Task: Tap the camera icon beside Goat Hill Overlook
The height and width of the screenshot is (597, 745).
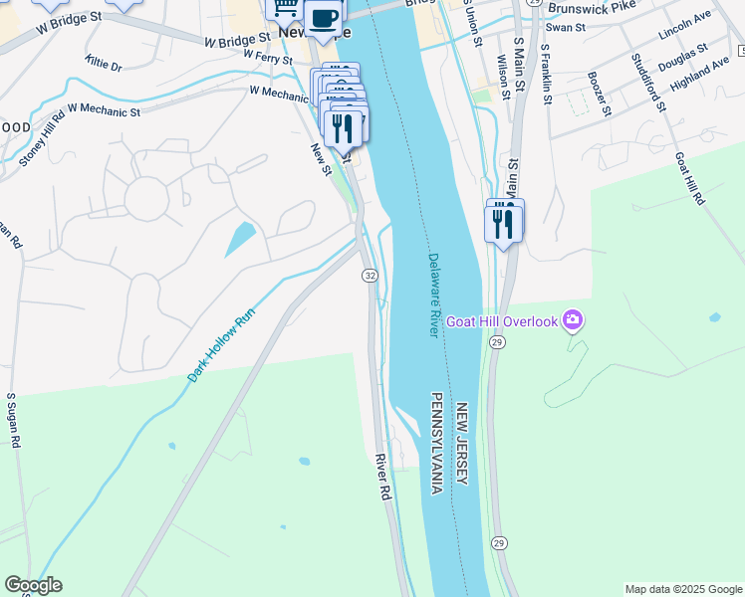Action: tap(573, 320)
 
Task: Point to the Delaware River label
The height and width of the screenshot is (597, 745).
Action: tap(434, 295)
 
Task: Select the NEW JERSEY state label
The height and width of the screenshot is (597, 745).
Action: tap(462, 445)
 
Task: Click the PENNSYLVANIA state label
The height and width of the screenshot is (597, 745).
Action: tap(437, 443)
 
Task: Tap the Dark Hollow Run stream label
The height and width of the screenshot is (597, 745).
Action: tap(222, 349)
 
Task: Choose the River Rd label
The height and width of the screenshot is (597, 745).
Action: tap(381, 477)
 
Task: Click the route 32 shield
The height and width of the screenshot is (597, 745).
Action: tap(370, 275)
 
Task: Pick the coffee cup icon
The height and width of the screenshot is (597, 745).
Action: tap(323, 18)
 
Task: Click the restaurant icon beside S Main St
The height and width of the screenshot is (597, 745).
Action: tap(503, 223)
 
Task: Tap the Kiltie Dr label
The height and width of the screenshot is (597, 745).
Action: tap(104, 65)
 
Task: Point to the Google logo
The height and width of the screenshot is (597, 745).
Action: tap(33, 585)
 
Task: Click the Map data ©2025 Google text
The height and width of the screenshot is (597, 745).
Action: tap(682, 589)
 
